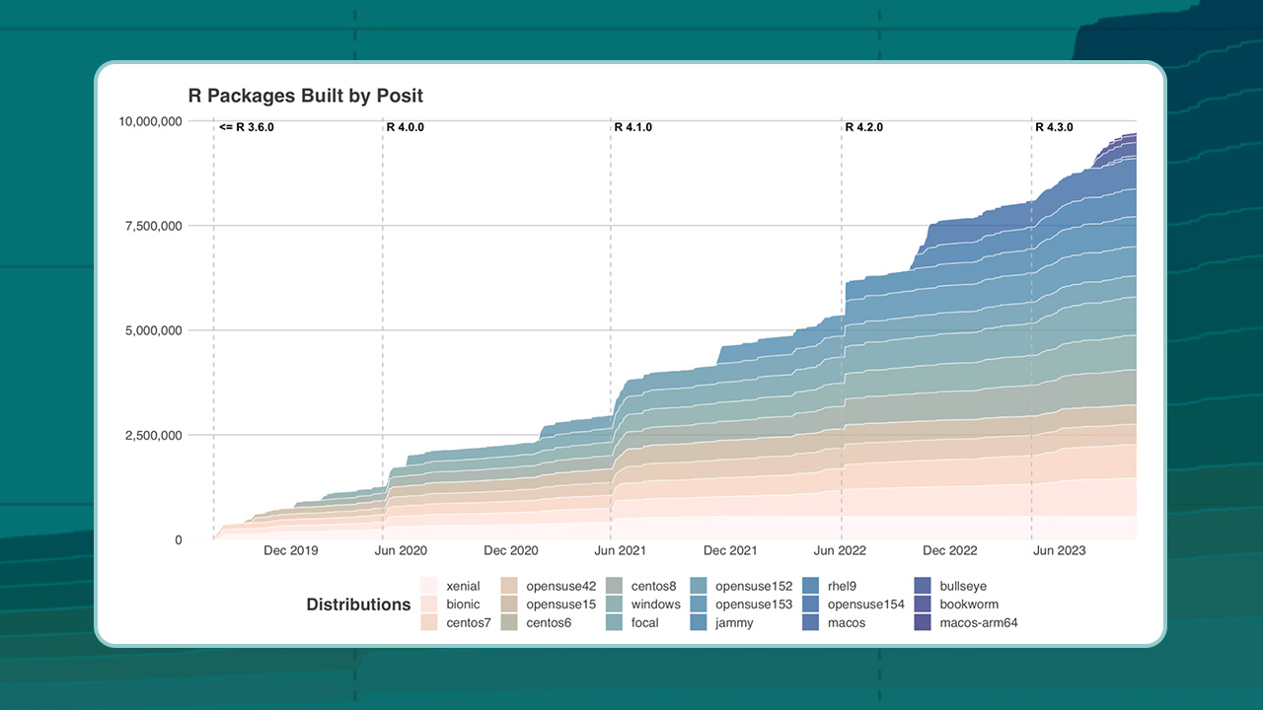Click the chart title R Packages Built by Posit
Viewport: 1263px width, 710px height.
pyautogui.click(x=305, y=96)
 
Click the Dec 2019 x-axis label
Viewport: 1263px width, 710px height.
pyautogui.click(x=291, y=550)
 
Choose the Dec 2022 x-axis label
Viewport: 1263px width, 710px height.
pyautogui.click(x=949, y=550)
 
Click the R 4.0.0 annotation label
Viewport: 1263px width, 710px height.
pyautogui.click(x=405, y=127)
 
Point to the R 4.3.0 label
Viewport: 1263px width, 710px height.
pyautogui.click(x=1054, y=127)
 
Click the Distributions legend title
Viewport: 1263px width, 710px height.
pyautogui.click(x=358, y=604)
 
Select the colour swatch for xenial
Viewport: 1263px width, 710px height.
pyautogui.click(x=429, y=587)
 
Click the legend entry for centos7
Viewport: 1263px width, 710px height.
pyautogui.click(x=468, y=622)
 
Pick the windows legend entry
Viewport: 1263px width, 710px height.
pyautogui.click(x=655, y=604)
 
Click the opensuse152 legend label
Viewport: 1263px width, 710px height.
pyautogui.click(x=754, y=587)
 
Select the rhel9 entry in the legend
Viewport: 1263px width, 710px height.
pyautogui.click(x=847, y=587)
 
